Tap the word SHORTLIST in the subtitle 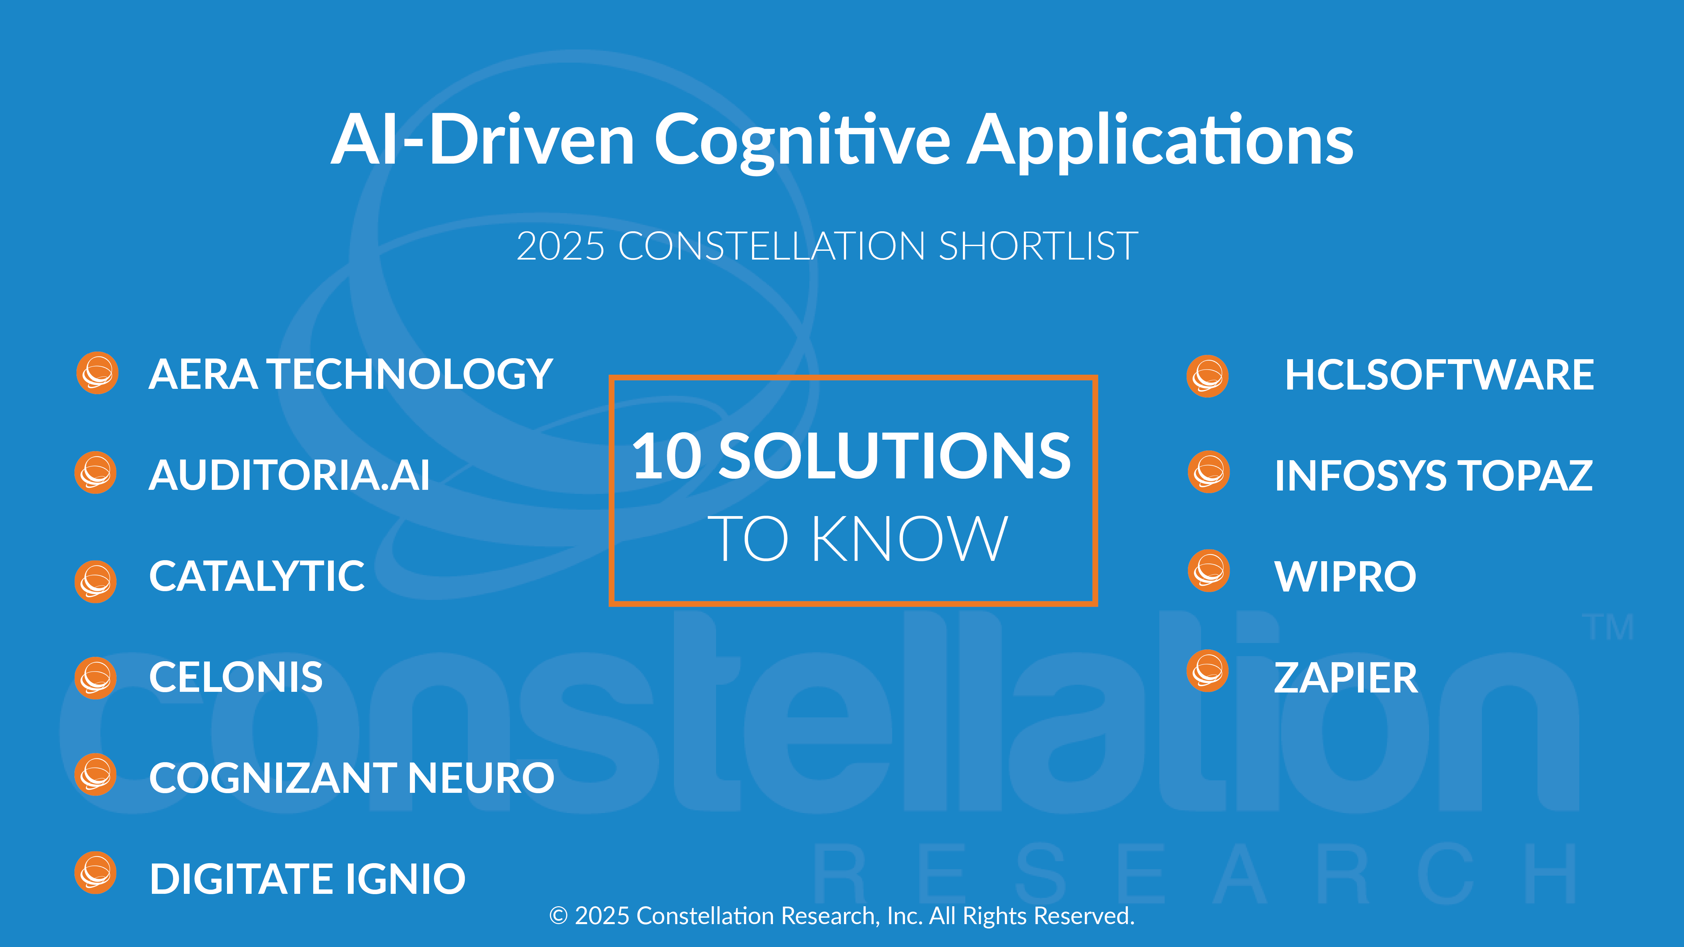[1038, 246]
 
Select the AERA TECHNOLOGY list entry [350, 374]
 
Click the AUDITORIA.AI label [290, 475]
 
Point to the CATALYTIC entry [257, 576]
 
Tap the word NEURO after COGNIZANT [481, 778]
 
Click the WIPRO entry [1346, 576]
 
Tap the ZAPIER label [1346, 678]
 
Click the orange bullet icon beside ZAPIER [1207, 671]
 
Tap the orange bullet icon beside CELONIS [95, 678]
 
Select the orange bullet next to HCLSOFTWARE [1207, 376]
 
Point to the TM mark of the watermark [1608, 628]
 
